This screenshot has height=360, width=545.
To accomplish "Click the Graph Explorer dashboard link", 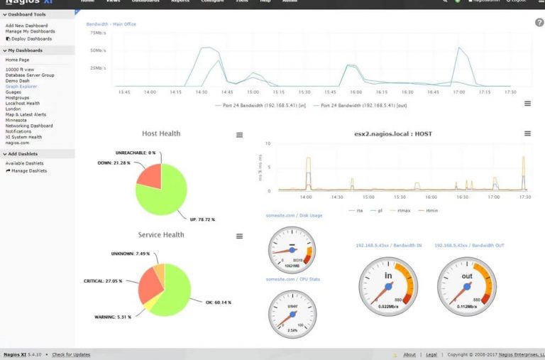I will tap(21, 87).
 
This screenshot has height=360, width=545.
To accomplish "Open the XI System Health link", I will tap(24, 137).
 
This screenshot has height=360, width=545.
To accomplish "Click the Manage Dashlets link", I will tap(28, 170).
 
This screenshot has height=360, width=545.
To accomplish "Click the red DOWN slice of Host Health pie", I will tap(149, 176).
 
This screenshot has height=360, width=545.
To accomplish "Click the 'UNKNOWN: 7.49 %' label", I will tap(131, 253).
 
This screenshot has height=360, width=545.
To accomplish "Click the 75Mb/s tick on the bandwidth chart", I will tap(98, 33).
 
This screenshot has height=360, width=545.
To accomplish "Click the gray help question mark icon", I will tap(539, 23).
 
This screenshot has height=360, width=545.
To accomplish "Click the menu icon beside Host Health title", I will tap(239, 135).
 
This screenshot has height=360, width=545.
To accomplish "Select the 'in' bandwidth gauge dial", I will tap(387, 285).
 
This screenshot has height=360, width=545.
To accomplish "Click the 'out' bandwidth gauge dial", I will tap(466, 285).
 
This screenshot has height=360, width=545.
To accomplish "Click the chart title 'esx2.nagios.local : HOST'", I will tap(393, 133).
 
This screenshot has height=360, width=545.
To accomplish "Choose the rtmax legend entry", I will tap(404, 210).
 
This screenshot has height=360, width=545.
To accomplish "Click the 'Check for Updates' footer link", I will tap(71, 354).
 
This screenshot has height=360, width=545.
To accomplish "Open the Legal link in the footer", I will tap(432, 354).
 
